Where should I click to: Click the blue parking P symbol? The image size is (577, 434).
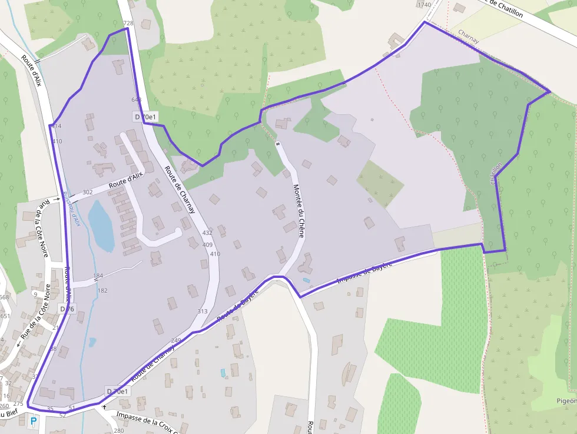coord(34,421)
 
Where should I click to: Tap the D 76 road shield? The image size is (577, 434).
coord(67,309)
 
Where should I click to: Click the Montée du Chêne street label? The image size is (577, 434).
coord(299,210)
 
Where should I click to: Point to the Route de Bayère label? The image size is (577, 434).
coord(238,306)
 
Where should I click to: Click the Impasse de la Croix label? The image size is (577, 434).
coord(147,423)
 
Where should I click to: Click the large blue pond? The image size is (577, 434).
coord(101,226)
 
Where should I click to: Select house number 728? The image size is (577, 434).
coord(128,23)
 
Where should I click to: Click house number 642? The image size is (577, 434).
coord(137,100)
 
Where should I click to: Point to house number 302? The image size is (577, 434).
coord(88,192)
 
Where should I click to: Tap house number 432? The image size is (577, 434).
coord(207,233)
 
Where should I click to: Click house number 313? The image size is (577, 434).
coord(203,311)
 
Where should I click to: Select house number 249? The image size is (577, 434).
coord(176,340)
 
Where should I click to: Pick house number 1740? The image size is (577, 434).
coord(423,5)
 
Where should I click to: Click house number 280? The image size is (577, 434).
coord(119,430)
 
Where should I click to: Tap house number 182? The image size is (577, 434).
coord(102,290)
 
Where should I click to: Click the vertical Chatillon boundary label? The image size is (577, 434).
coord(496,174)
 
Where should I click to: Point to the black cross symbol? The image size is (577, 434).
coord(104,406)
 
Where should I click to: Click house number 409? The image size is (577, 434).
coord(207,244)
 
